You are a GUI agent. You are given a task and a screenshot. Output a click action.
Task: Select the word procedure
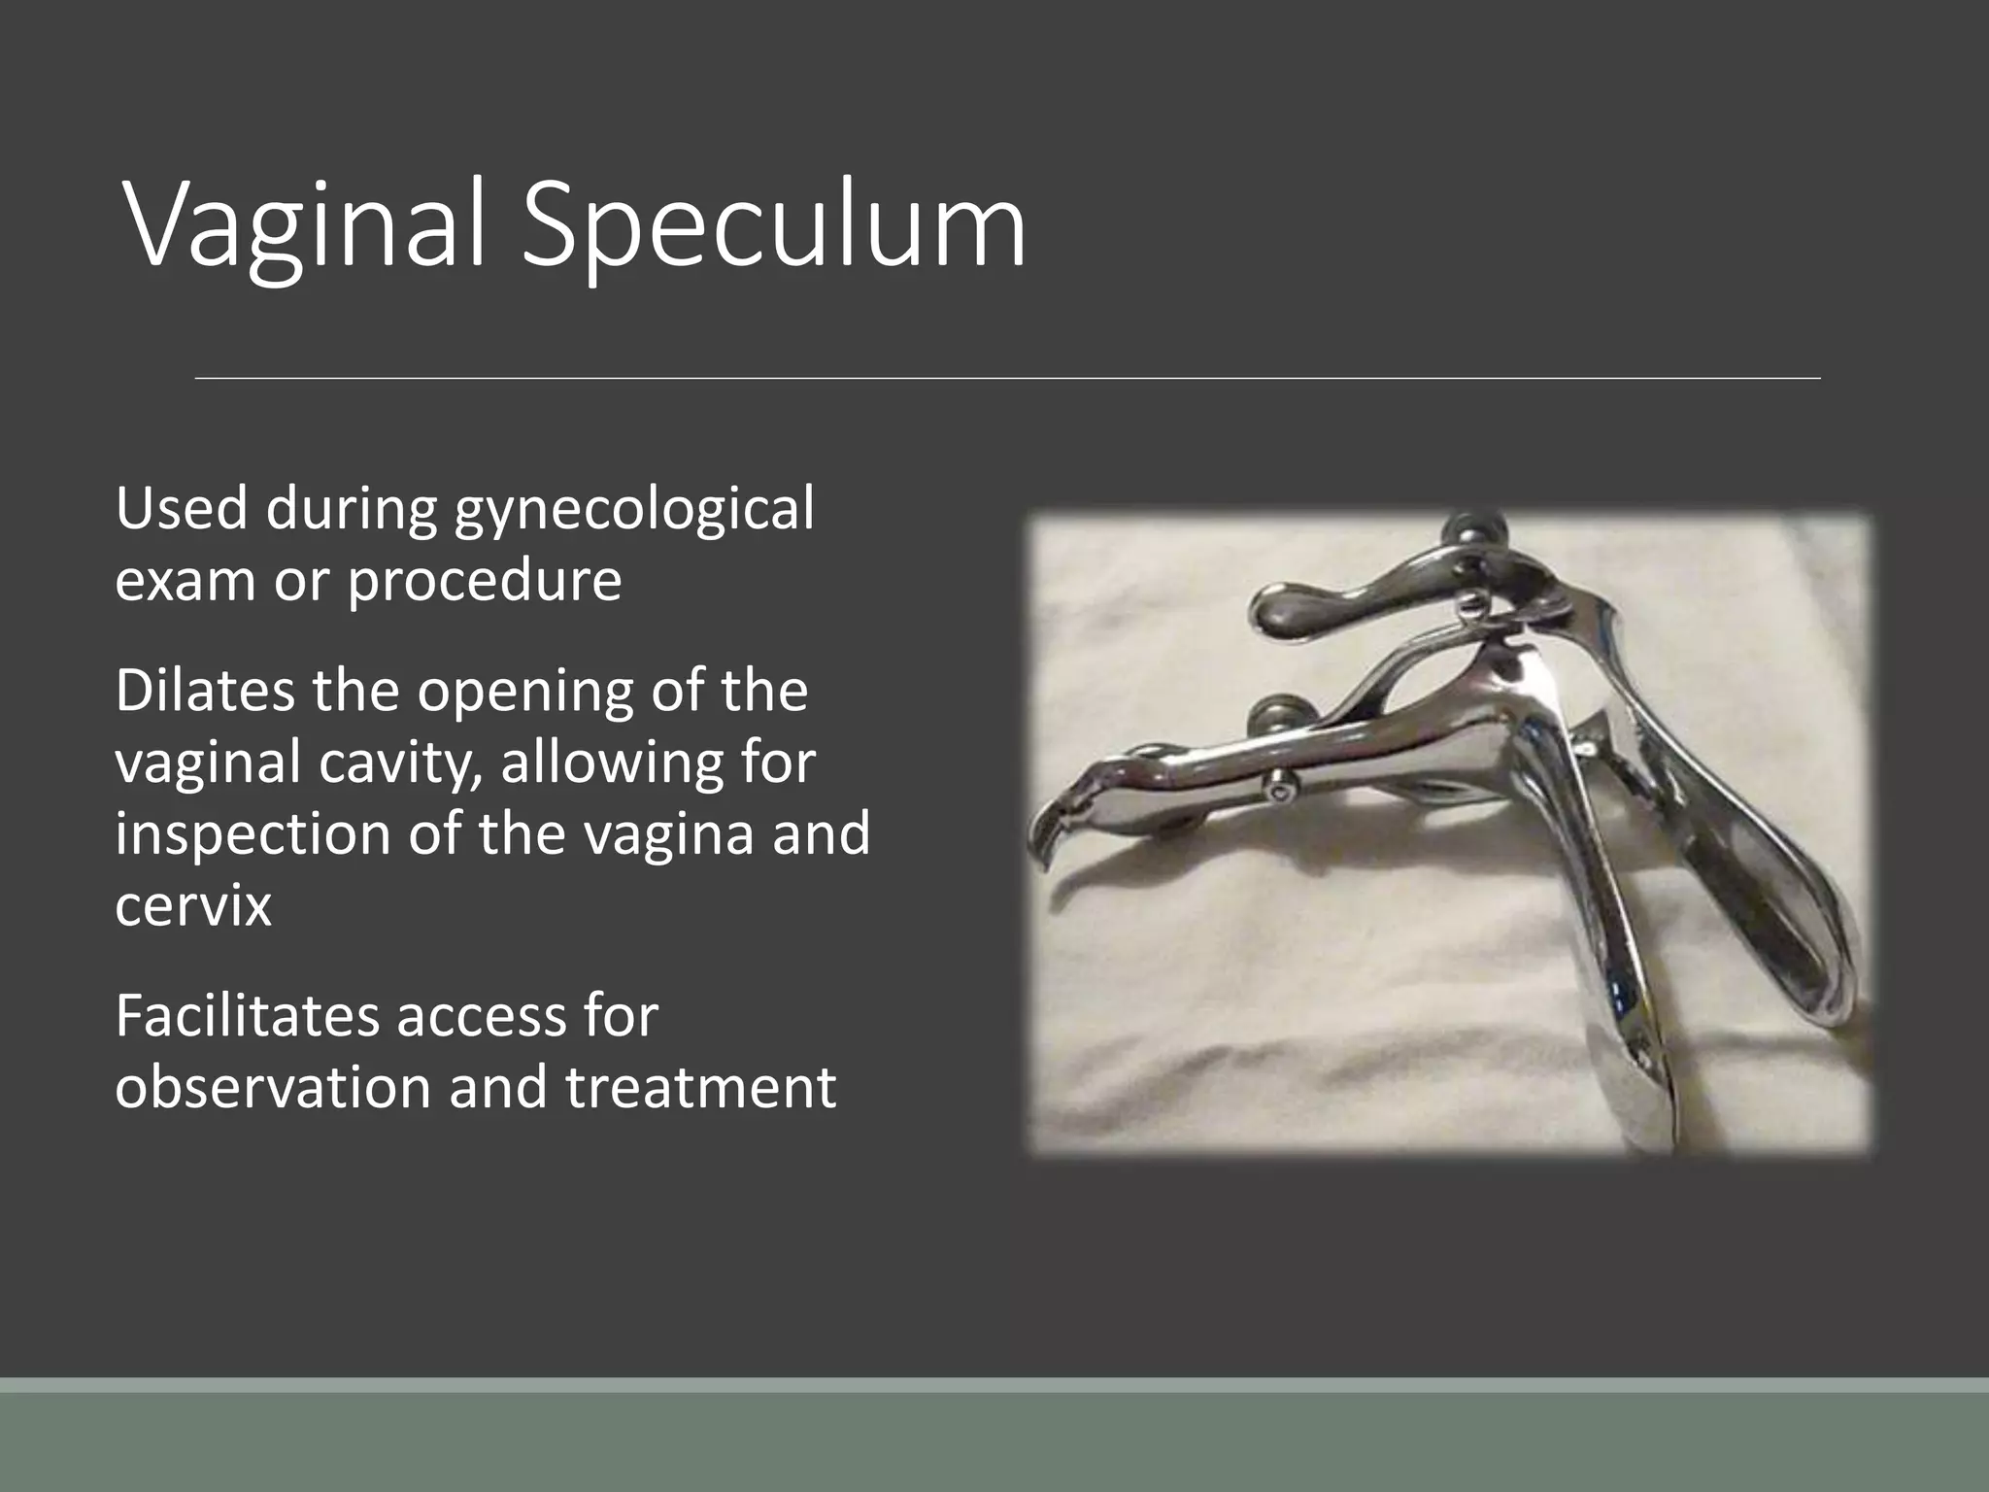click(484, 580)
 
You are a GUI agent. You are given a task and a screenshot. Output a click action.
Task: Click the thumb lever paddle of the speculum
click(1311, 608)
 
